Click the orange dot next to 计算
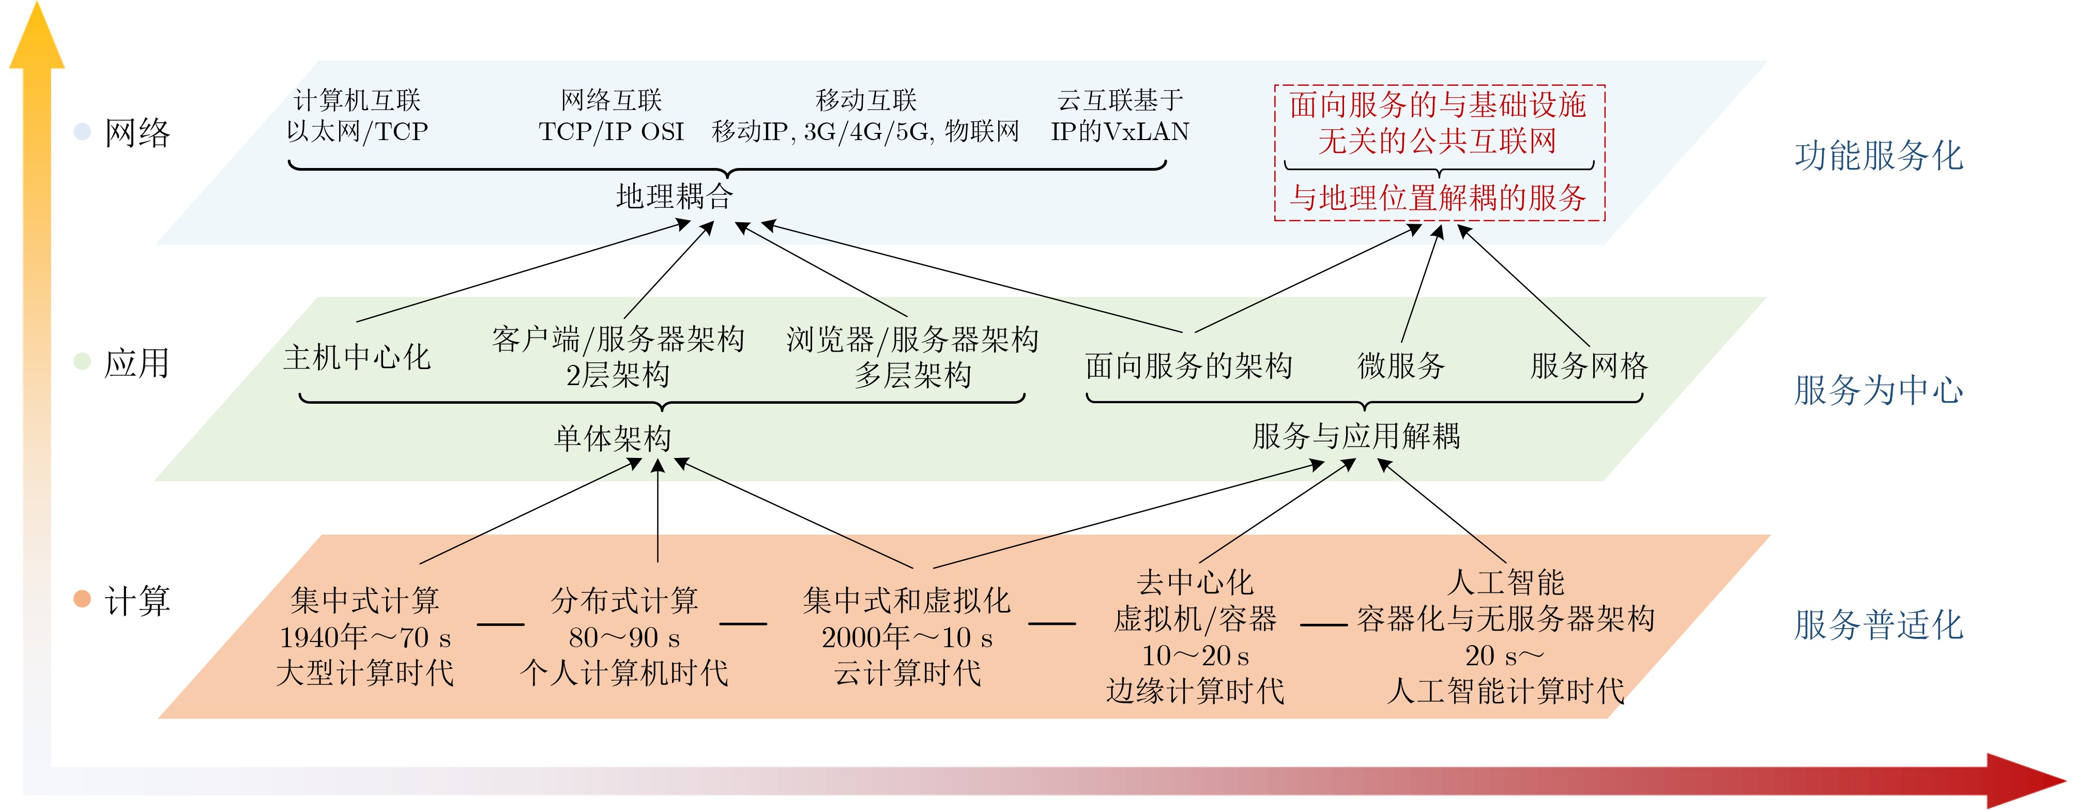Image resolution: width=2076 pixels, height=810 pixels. (x=81, y=599)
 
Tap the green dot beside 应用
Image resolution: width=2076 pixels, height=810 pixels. (x=81, y=361)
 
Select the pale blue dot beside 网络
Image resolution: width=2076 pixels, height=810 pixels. (x=81, y=131)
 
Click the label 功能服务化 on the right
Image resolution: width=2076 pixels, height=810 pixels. (x=1879, y=156)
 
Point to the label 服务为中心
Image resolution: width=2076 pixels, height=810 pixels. (x=1879, y=390)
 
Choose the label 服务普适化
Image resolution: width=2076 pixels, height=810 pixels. (x=1879, y=624)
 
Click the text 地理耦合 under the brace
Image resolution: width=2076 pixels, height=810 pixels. (x=675, y=196)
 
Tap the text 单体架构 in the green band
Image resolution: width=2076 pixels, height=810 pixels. (x=613, y=438)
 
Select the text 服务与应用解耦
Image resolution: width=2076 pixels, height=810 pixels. (x=1356, y=436)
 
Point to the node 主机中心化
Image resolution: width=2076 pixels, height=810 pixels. (x=357, y=357)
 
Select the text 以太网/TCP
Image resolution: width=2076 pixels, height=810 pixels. (x=357, y=131)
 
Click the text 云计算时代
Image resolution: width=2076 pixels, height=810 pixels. (x=907, y=672)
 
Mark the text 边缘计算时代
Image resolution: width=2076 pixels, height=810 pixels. (x=1195, y=691)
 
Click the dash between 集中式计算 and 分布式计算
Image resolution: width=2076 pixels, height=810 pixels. (x=500, y=624)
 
